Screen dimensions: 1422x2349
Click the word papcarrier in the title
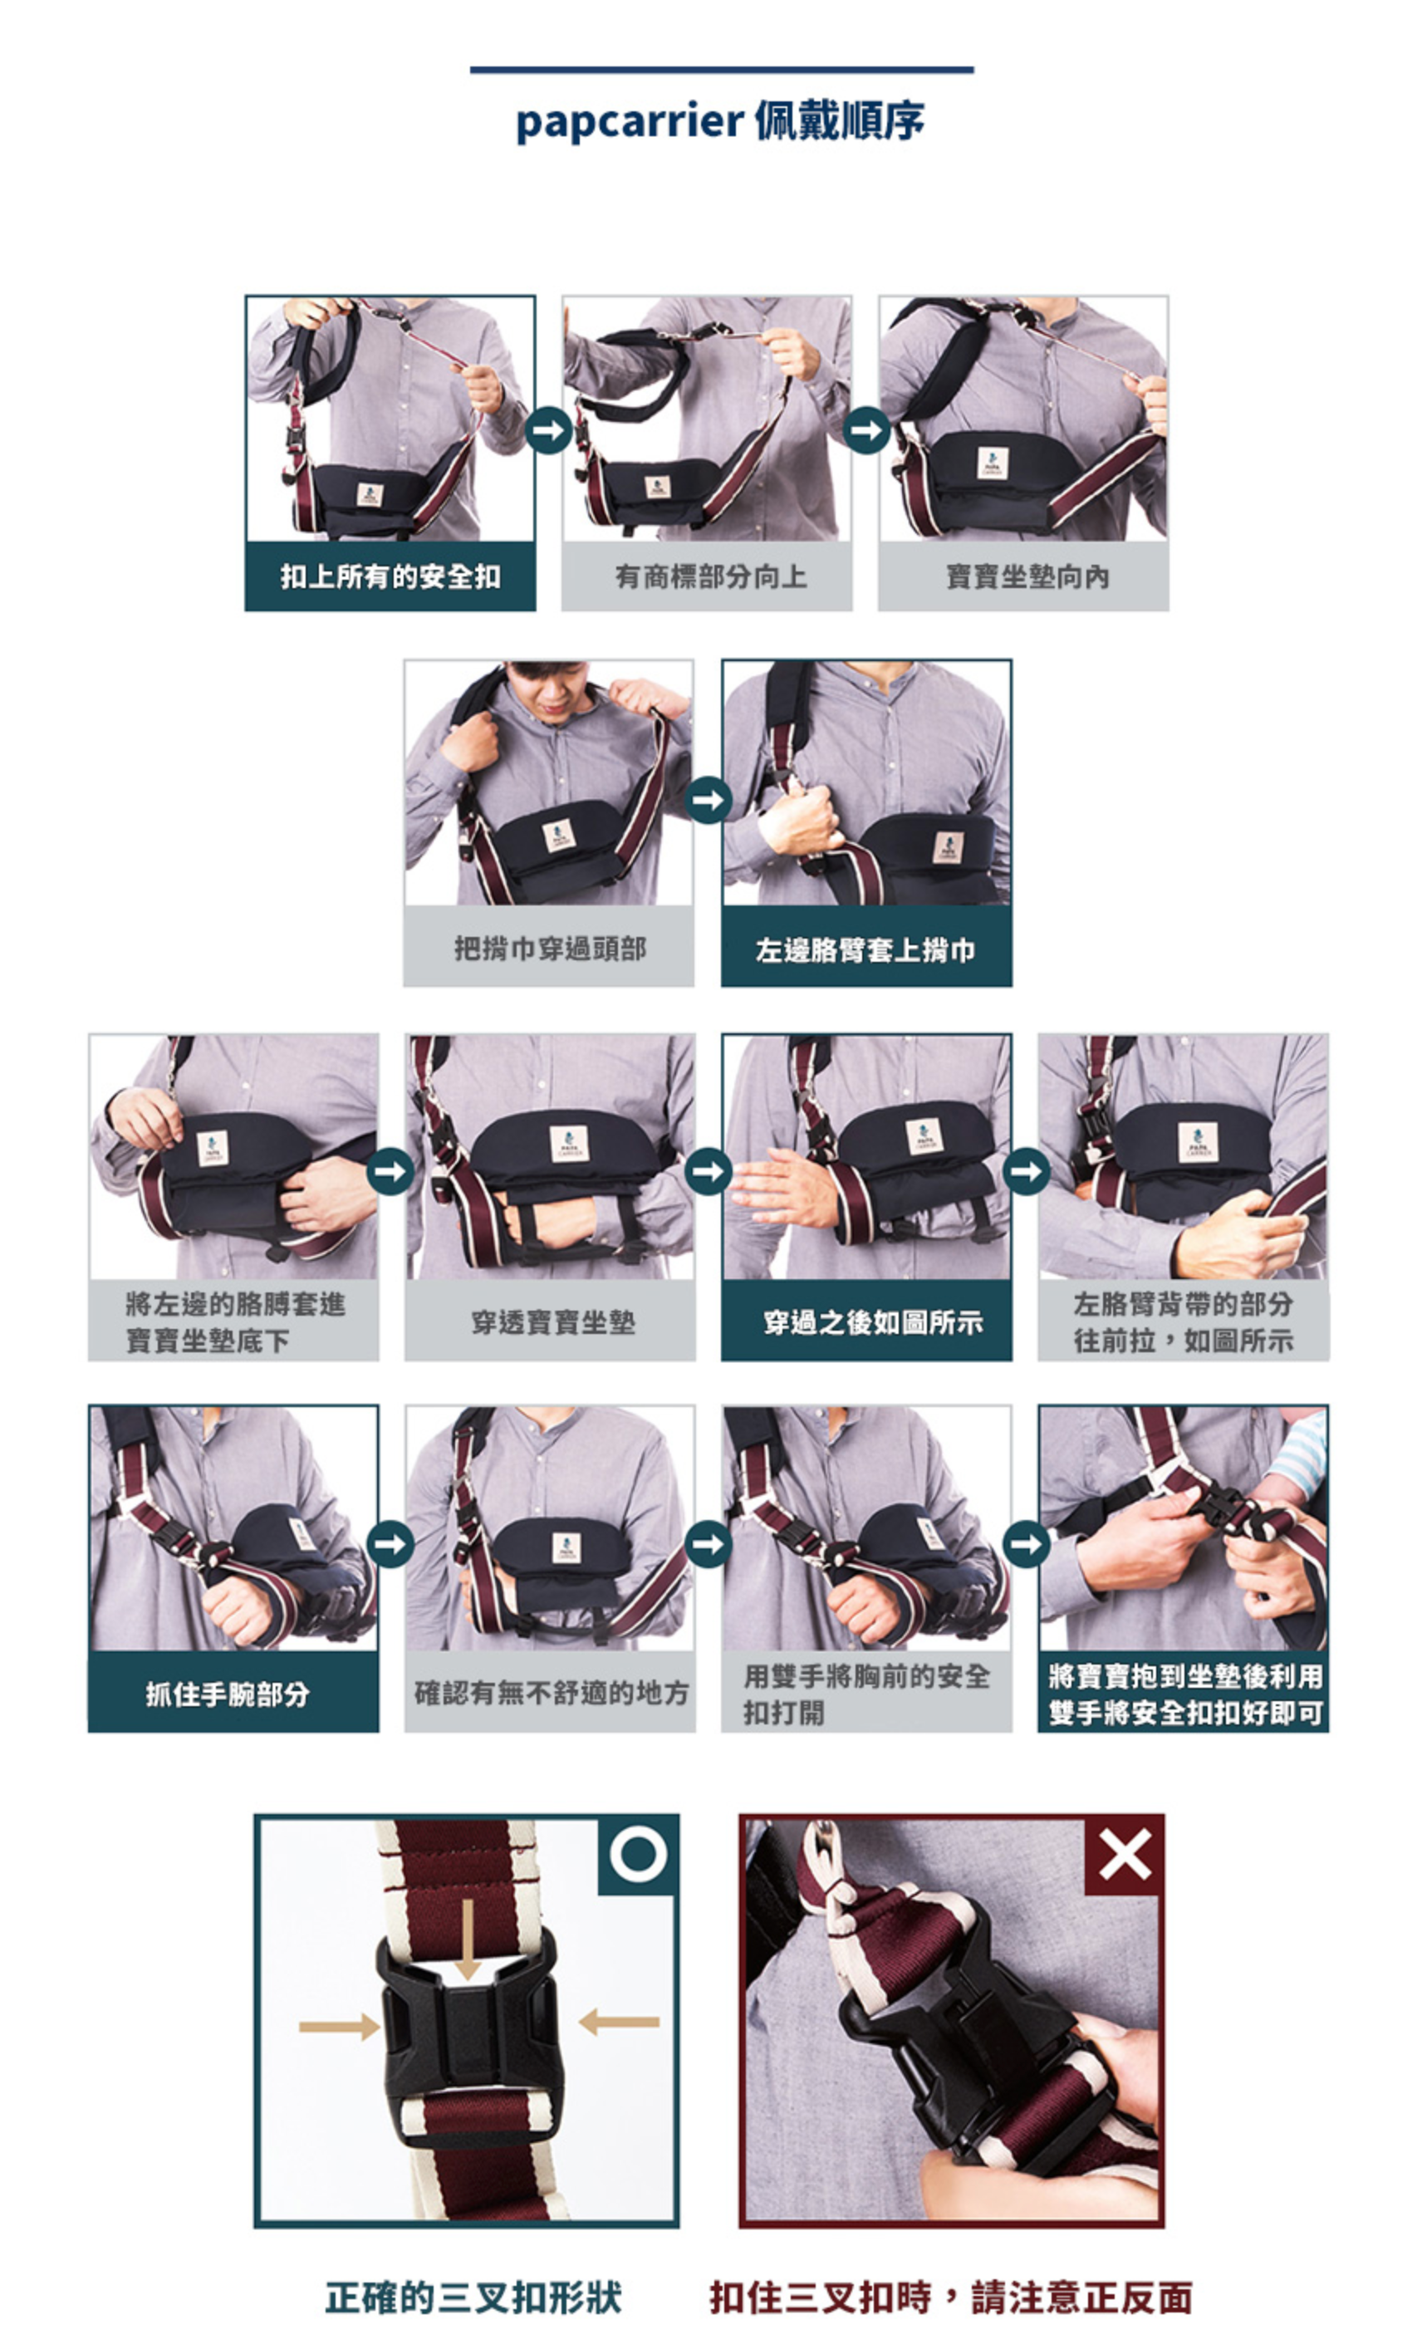629,122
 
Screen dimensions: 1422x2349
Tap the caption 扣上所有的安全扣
390,576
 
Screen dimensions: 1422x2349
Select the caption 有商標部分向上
710,576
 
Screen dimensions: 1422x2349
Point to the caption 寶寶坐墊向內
1027,576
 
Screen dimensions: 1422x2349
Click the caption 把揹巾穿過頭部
550,949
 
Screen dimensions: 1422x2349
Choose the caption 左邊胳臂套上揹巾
865,949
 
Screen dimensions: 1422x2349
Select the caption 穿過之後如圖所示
872,1322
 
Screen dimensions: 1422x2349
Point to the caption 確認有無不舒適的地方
551,1693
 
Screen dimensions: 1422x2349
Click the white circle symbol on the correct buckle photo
638,1854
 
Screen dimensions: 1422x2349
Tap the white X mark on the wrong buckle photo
1125,1854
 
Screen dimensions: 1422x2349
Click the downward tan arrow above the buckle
467,1939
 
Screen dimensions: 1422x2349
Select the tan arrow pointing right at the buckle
339,2026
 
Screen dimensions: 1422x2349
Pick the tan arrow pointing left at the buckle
619,2021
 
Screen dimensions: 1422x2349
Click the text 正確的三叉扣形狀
473,2298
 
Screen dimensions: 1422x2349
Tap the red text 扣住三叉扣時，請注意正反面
950,2298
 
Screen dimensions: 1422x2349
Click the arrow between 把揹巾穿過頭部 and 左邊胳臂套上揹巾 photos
709,799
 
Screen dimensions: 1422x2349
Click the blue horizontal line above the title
722,70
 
